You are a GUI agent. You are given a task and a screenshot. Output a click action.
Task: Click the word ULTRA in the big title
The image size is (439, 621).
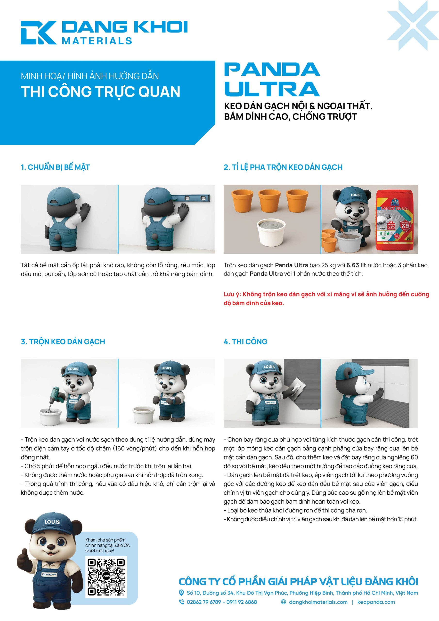272,89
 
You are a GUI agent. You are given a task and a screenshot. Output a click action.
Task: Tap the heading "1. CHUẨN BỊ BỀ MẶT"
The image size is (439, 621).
55,167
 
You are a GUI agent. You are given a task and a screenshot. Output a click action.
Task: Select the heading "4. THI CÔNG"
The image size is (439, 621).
245,342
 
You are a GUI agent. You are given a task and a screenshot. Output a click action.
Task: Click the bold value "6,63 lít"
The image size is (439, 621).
356,265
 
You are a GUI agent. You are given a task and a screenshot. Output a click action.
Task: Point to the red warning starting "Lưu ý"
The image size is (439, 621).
326,299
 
